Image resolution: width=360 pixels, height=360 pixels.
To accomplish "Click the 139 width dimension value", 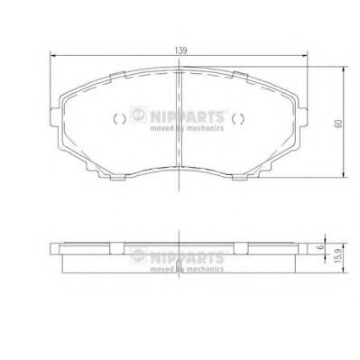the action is click(x=180, y=51).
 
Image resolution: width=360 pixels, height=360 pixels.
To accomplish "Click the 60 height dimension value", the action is click(x=338, y=124).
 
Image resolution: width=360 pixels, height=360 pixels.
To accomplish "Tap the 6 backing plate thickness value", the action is click(x=321, y=247).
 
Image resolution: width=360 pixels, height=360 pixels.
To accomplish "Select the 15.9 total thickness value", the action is click(x=338, y=255).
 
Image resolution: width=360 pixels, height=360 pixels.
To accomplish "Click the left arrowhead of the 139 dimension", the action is click(x=53, y=55).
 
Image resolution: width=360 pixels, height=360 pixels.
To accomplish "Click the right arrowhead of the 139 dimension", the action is click(x=304, y=55).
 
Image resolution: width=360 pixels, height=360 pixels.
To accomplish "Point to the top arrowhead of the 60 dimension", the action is click(x=344, y=69).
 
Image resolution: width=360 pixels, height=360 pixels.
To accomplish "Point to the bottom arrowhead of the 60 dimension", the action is click(x=344, y=174).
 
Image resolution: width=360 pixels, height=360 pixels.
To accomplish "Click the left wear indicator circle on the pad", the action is click(x=120, y=119).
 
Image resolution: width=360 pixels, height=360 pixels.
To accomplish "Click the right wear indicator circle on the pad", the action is click(x=238, y=119).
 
